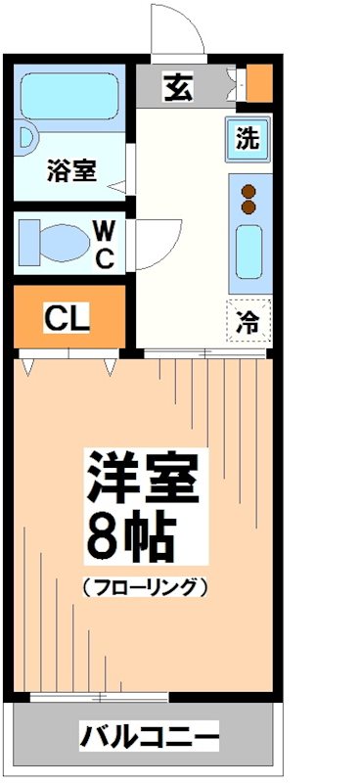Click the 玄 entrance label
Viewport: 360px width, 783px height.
178,87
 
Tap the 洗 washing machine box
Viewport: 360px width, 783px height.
248,138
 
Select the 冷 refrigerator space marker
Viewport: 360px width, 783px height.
249,320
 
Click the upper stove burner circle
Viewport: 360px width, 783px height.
248,190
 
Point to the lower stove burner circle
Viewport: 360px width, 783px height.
248,207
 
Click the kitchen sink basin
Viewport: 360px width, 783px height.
249,253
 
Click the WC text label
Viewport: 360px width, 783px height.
106,244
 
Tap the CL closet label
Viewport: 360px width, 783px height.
67,317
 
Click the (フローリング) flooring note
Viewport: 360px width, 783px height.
144,587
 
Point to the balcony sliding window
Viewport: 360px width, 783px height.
98,697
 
